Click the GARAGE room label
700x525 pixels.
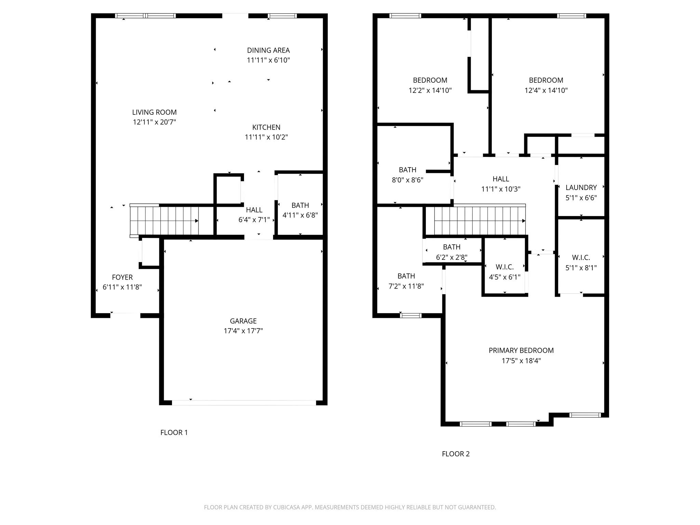point(243,321)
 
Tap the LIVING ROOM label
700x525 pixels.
point(154,112)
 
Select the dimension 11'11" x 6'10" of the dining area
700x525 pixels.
point(268,60)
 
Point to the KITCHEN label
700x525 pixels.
point(266,127)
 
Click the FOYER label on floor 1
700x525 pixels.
point(122,277)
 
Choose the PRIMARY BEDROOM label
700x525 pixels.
point(521,350)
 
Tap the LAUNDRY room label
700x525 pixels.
point(581,187)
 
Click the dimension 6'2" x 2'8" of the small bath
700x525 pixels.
point(452,257)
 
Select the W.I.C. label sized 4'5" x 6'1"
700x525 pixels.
point(504,267)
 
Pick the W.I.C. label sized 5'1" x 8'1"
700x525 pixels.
point(581,257)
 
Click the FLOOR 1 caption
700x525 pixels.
point(174,432)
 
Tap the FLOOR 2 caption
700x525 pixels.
point(456,454)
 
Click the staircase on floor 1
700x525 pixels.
point(164,221)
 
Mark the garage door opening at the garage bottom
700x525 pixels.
point(243,403)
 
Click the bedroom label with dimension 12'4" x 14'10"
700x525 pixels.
point(546,80)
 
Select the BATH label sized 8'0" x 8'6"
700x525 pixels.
point(407,170)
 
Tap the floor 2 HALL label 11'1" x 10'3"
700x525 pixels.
point(501,179)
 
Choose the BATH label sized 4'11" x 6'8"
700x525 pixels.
point(300,205)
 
